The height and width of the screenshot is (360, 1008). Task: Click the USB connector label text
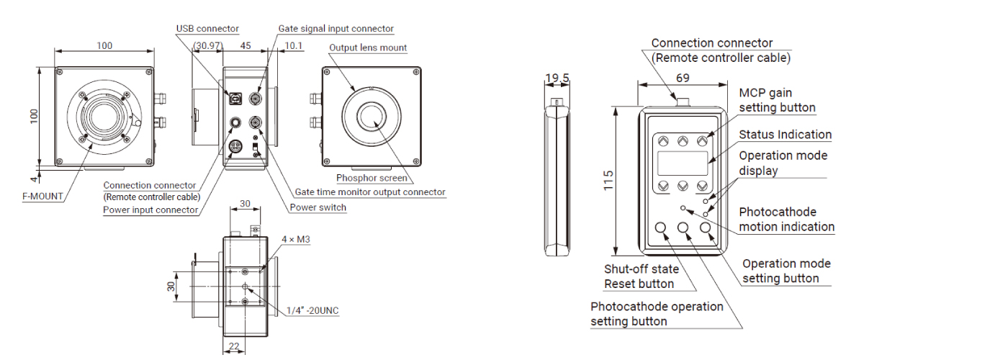207,29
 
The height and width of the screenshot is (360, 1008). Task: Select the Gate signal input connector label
336,29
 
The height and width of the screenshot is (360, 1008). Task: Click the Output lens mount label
368,48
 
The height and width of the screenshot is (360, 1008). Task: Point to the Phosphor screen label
372,178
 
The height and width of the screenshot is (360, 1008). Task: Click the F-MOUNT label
42,196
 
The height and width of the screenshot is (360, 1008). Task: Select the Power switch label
318,207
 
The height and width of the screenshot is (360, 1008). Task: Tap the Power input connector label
150,210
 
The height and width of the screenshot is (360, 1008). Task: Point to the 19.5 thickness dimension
557,78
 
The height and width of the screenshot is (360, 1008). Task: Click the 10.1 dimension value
293,46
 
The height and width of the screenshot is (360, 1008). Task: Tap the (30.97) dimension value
208,46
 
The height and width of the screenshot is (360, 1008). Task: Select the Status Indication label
785,135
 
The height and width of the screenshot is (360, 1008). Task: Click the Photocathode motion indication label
786,220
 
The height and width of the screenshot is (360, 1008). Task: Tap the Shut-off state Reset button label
641,276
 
